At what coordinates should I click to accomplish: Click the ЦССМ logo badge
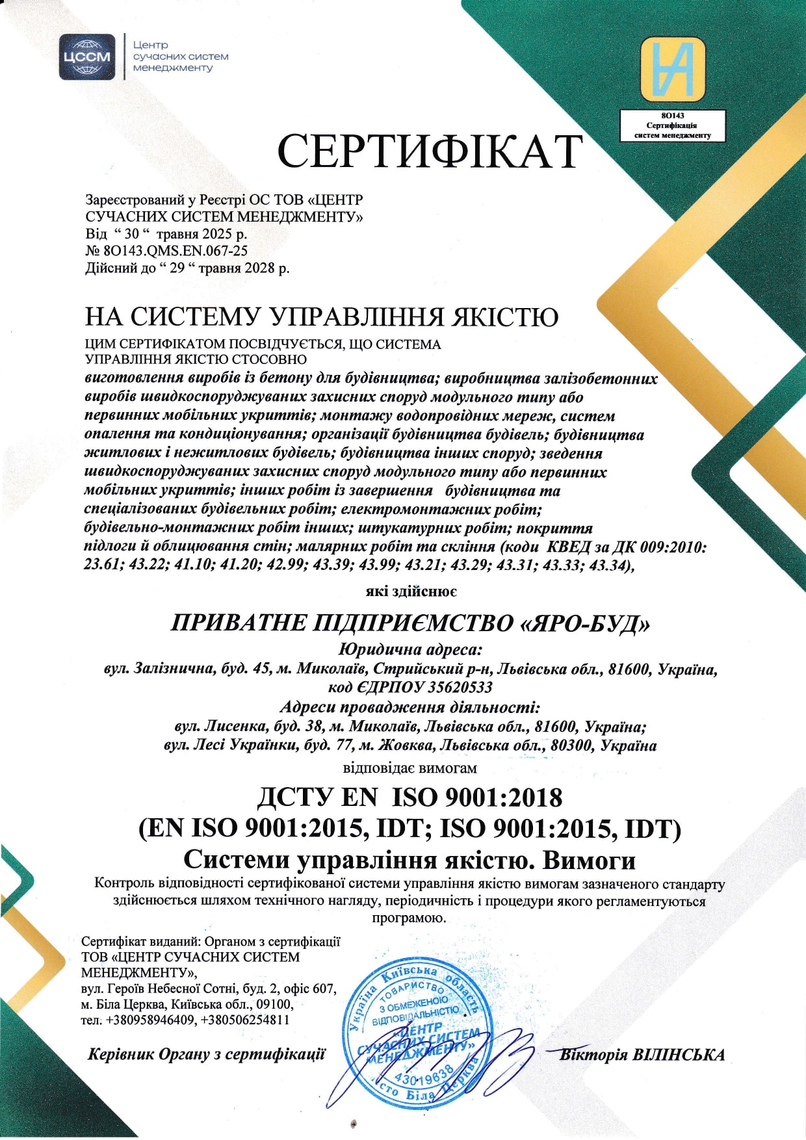click(x=87, y=57)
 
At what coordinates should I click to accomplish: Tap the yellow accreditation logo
click(x=672, y=70)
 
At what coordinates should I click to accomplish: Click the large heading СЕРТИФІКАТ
click(x=429, y=152)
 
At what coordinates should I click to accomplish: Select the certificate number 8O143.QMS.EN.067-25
click(x=175, y=250)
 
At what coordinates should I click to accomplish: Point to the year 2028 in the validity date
click(x=261, y=267)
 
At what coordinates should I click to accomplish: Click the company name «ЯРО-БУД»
click(x=586, y=624)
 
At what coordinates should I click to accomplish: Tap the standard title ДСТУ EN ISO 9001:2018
click(x=410, y=797)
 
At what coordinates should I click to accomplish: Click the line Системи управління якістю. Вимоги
click(x=409, y=860)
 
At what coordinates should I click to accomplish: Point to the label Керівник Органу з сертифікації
click(x=206, y=1054)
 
